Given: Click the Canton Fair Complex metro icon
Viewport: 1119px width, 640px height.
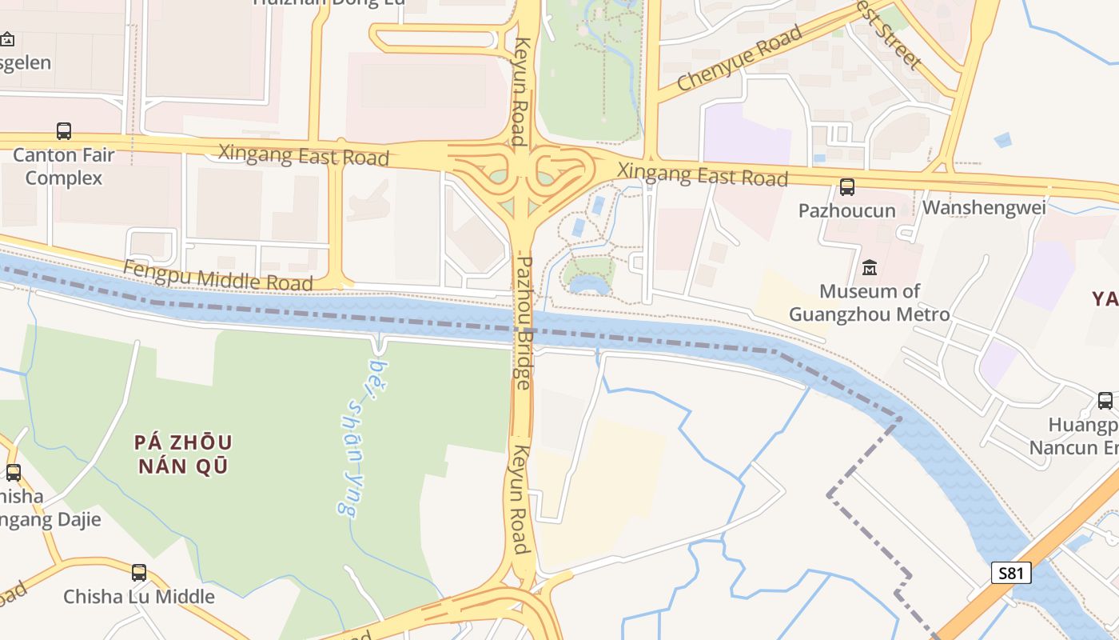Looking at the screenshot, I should [x=64, y=131].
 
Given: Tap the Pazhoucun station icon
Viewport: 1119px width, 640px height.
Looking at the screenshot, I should [x=846, y=187].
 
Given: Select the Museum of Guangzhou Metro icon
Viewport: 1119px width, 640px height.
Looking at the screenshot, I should [x=869, y=267].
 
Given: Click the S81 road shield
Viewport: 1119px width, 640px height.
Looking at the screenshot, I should [x=1011, y=573].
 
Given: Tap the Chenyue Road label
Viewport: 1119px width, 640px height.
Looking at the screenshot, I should [x=739, y=58].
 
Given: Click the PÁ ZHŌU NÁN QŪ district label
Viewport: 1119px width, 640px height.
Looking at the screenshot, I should [x=183, y=454].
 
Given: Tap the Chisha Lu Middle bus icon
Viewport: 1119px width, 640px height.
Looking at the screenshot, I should [x=139, y=572].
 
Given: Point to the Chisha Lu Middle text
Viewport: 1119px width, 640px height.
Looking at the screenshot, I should [x=139, y=596].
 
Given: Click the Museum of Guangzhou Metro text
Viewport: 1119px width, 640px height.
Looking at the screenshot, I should [x=870, y=302].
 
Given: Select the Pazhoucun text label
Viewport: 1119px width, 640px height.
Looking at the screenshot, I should [x=846, y=210].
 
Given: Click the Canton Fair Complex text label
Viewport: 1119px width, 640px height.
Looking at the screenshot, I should [x=64, y=166].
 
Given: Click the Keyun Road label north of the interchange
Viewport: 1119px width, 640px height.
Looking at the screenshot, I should [x=521, y=91].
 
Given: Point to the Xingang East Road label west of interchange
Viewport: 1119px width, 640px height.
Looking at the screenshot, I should [x=303, y=154].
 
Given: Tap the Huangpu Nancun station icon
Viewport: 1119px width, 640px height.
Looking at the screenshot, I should [x=1105, y=400].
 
